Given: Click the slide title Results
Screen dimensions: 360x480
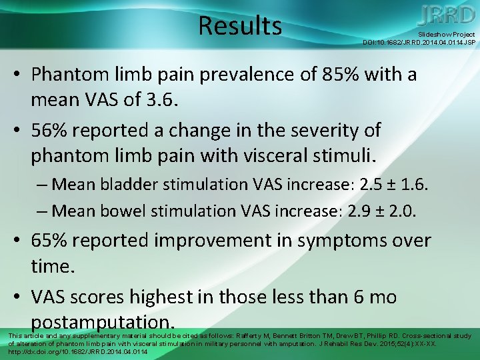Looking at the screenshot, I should point(240,26).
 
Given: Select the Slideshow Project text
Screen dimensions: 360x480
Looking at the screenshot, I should point(446,34).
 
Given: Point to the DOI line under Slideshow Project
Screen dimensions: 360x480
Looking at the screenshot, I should point(419,42).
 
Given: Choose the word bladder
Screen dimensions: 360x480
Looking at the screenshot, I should point(127,183).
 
